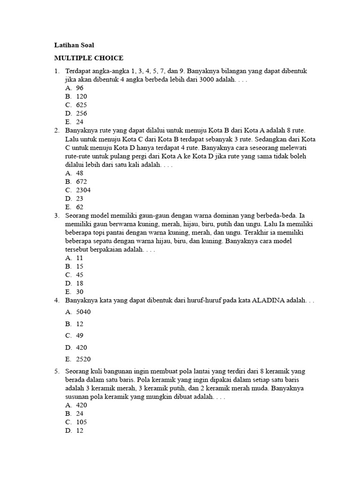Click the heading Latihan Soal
[74, 45]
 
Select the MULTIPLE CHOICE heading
[89, 58]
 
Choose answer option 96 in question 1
[79, 88]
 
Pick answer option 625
[81, 105]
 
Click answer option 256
[81, 113]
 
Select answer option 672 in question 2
[81, 181]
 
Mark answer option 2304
[83, 190]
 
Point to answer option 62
[79, 207]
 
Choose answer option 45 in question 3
[79, 275]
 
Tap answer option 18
[79, 283]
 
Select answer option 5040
[83, 312]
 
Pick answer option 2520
[83, 360]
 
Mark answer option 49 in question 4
[79, 336]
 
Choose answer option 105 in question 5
[81, 422]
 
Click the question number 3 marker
[56, 216]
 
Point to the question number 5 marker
[56, 371]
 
